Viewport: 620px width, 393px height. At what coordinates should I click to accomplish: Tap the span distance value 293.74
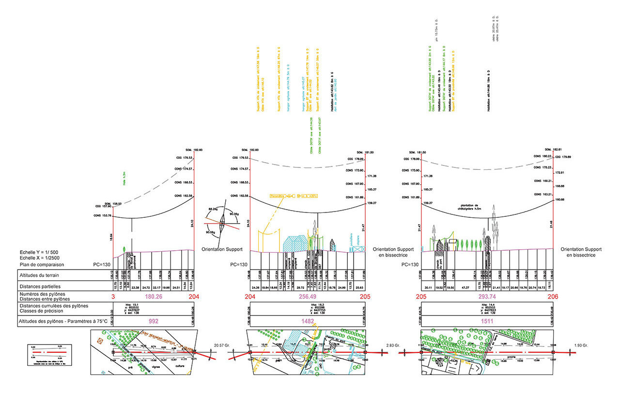[486, 297]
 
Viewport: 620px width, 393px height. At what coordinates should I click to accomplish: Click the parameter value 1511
[486, 321]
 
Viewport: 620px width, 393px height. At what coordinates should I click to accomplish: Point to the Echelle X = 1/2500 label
[40, 258]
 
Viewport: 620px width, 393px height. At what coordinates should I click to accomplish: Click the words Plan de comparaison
[42, 265]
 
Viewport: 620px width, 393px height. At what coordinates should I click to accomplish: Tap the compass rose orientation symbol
[222, 223]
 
